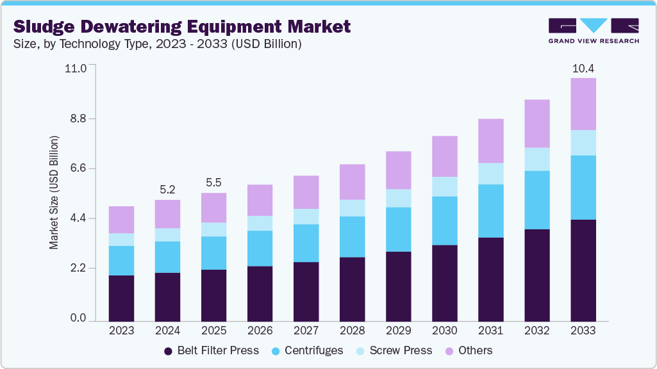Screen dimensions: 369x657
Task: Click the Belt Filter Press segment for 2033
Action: click(583, 270)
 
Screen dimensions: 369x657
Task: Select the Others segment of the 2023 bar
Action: click(121, 220)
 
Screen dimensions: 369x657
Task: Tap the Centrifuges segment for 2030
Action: click(444, 220)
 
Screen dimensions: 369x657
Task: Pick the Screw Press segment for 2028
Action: click(352, 208)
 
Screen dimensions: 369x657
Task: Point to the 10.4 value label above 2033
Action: click(583, 69)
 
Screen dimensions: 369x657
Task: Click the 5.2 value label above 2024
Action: click(167, 190)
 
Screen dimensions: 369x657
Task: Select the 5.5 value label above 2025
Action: click(213, 183)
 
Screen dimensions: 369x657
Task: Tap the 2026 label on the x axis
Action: click(260, 331)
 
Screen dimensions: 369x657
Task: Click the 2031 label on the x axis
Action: click(490, 331)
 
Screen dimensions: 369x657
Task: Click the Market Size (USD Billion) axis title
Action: click(54, 193)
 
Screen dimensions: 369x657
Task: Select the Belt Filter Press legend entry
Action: click(212, 350)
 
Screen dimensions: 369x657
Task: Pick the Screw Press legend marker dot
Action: click(360, 351)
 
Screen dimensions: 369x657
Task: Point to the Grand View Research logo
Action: click(593, 30)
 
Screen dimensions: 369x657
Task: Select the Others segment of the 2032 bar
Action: click(536, 124)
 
